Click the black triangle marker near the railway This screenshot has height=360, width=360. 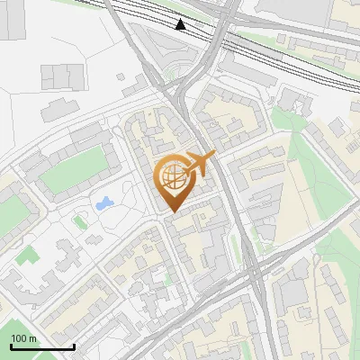181,24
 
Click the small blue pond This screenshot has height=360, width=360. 103,202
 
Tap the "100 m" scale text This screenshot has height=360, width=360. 23,338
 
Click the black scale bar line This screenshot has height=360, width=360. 41,346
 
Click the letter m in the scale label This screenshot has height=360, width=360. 32,338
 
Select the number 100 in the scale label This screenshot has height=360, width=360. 19,338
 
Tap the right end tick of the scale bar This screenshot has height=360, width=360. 74,346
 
